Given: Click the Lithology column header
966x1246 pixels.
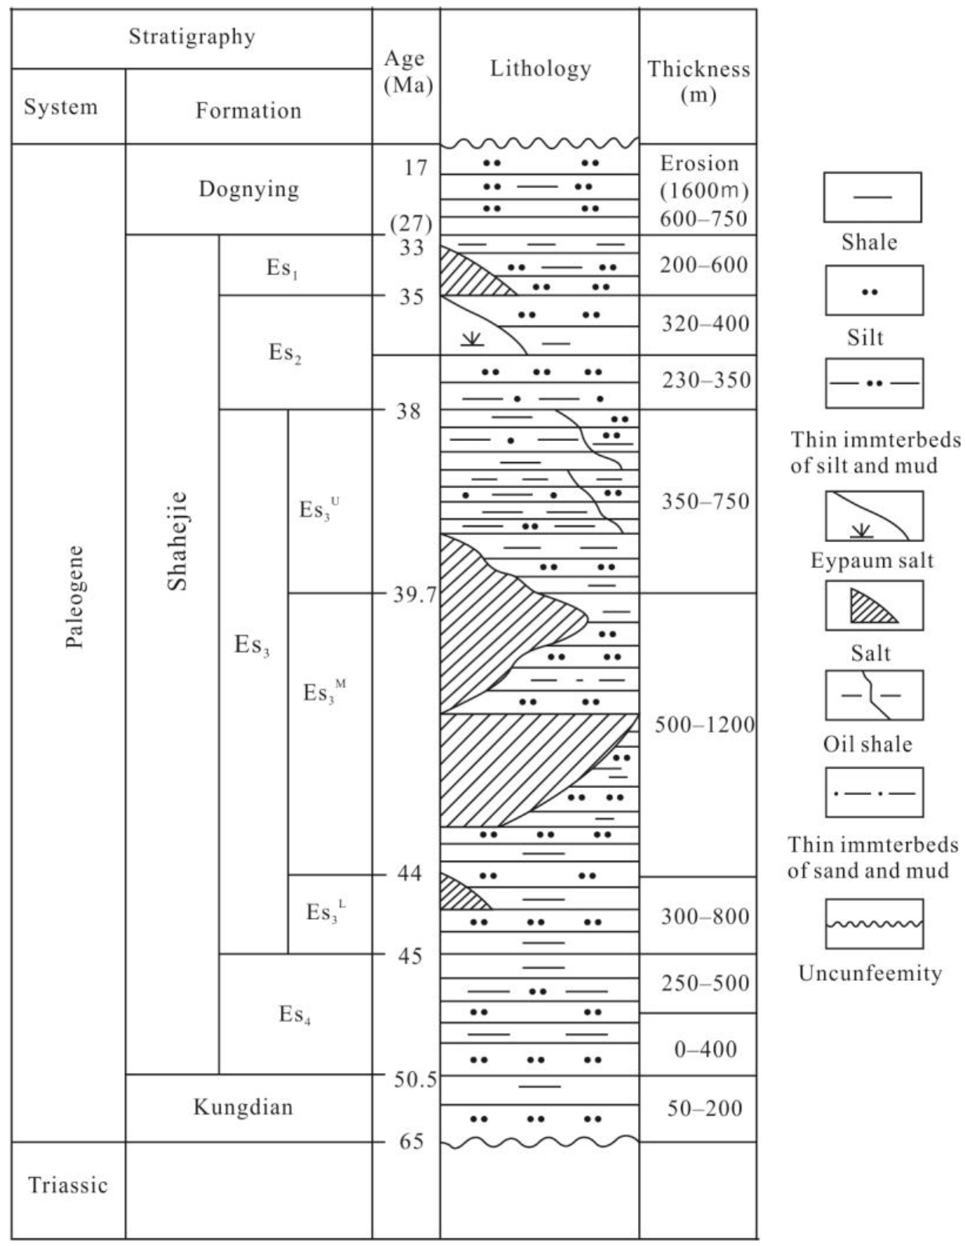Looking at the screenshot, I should pos(540,69).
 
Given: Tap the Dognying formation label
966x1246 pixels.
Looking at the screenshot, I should pos(248,190).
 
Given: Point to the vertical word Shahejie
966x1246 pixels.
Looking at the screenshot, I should pos(178,540).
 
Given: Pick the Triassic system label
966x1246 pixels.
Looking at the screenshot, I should pos(67,1185).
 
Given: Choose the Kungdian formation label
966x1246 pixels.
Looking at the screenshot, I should pos(243,1107).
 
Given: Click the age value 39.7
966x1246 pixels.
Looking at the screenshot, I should pos(414,596).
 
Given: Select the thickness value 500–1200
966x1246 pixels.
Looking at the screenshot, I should pos(705,724).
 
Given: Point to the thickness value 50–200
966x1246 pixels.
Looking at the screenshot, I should pos(705,1108).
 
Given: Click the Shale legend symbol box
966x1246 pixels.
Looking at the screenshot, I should pos(872,197).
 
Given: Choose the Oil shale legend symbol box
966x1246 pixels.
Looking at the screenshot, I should pos(874,695).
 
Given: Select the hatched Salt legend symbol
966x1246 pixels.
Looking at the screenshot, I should pos(874,605).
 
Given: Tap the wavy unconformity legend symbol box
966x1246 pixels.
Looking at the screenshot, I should pos(874,923).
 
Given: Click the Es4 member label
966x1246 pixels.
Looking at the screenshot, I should pos(294,1014).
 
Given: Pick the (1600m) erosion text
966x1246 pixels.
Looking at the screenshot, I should pos(704,190).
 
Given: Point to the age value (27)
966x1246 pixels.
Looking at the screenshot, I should pos(410,224).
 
